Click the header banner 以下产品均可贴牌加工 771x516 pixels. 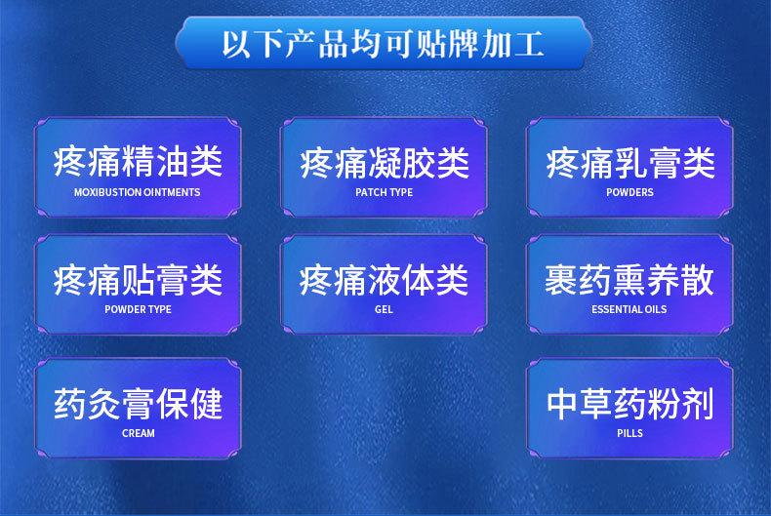pyautogui.click(x=383, y=43)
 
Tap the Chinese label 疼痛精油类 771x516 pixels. pyautogui.click(x=139, y=161)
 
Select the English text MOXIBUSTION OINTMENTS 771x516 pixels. pyautogui.click(x=138, y=192)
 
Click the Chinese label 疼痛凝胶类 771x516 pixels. pyautogui.click(x=385, y=163)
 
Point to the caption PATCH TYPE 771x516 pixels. pyautogui.click(x=384, y=192)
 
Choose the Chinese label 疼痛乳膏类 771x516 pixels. pyautogui.click(x=630, y=163)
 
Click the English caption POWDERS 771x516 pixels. pyautogui.click(x=629, y=192)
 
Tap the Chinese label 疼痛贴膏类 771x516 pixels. pyautogui.click(x=139, y=280)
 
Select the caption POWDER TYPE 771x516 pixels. pyautogui.click(x=139, y=309)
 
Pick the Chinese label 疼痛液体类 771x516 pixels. pyautogui.click(x=384, y=280)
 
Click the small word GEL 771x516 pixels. pyautogui.click(x=384, y=309)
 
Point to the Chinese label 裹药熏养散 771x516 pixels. pyautogui.click(x=629, y=280)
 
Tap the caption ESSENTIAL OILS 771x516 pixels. pyautogui.click(x=629, y=309)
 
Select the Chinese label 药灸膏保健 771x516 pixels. pyautogui.click(x=139, y=404)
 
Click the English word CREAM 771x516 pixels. pyautogui.click(x=139, y=433)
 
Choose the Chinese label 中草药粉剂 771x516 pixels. pyautogui.click(x=629, y=404)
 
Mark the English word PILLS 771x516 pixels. pyautogui.click(x=629, y=433)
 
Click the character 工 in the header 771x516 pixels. pyautogui.click(x=529, y=43)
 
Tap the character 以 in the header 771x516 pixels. pyautogui.click(x=238, y=43)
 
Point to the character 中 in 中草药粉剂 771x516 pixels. pyautogui.click(x=561, y=404)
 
